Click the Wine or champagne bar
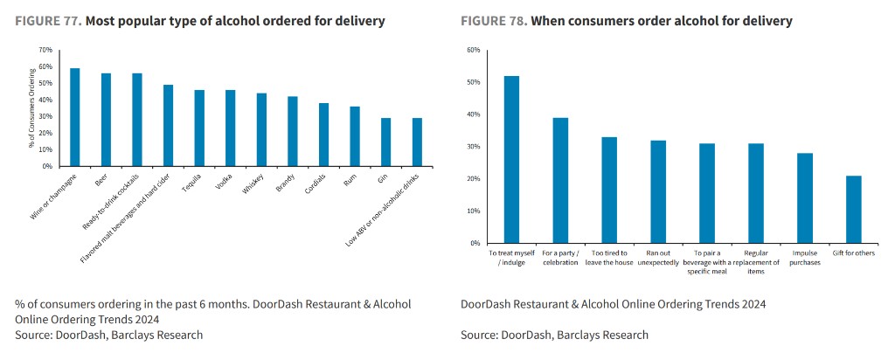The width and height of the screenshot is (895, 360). [x=75, y=117]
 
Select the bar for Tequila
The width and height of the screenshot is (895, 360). [x=199, y=128]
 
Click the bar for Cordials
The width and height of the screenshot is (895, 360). [x=323, y=135]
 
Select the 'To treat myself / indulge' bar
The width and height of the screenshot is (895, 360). [x=511, y=159]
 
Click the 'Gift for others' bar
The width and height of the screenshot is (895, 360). [x=854, y=210]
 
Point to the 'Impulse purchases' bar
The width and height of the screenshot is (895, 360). [x=805, y=198]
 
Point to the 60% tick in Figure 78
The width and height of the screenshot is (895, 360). [x=475, y=50]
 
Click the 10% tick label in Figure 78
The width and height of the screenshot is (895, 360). [x=475, y=211]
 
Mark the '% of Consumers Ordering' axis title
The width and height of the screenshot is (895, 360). [x=32, y=107]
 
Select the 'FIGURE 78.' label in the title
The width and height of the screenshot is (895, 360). [x=494, y=21]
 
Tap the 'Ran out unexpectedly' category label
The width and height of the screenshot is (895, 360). [x=658, y=258]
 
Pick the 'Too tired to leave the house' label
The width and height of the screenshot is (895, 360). [x=609, y=258]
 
